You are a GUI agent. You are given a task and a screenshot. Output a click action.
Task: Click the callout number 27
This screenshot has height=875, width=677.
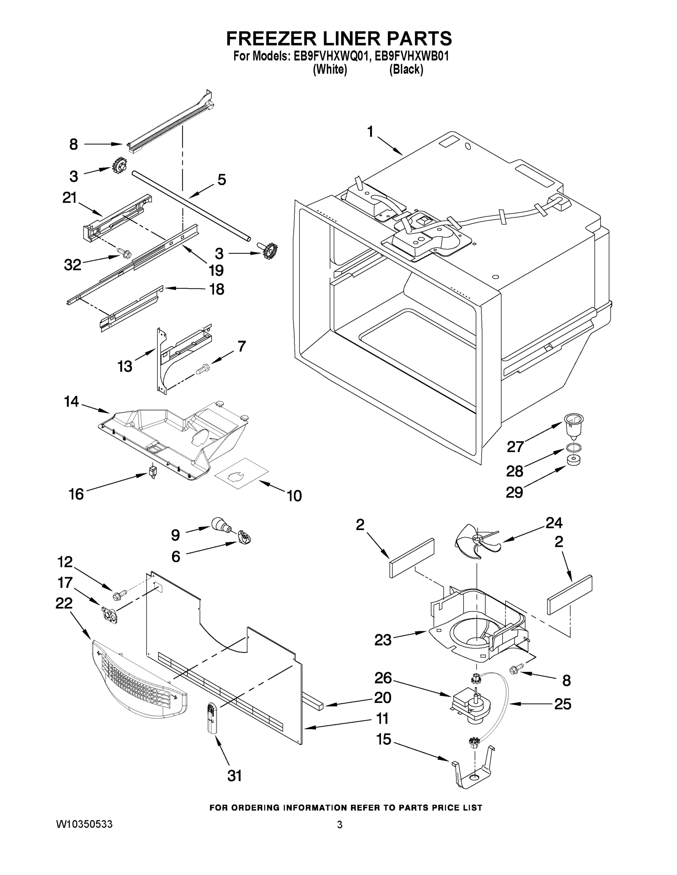click(x=515, y=446)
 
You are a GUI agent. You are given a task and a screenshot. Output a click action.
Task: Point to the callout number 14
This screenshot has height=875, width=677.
click(x=72, y=401)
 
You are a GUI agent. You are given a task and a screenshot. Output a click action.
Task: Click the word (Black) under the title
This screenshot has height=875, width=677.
click(x=406, y=70)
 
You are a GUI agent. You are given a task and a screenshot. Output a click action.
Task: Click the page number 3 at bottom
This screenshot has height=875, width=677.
click(x=339, y=825)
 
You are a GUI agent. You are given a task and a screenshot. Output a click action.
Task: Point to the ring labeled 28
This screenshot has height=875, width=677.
click(x=574, y=447)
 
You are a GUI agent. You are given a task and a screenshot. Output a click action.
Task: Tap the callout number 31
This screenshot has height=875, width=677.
click(x=235, y=776)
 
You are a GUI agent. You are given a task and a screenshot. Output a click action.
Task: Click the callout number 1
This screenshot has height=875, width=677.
click(x=370, y=132)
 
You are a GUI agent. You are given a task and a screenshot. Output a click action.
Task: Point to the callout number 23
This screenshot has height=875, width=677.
click(x=382, y=640)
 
